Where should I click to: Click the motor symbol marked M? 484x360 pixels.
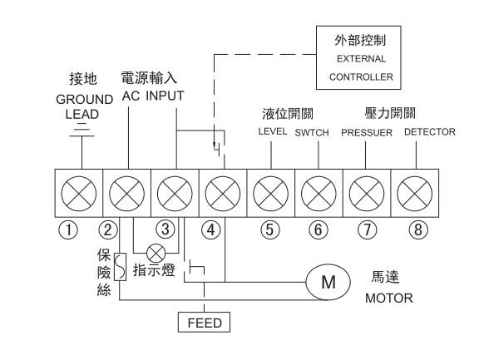pyautogui.click(x=328, y=282)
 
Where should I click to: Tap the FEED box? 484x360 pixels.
pyautogui.click(x=204, y=323)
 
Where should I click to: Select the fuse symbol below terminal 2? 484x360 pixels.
pyautogui.click(x=120, y=267)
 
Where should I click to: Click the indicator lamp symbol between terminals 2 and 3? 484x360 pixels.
pyautogui.click(x=156, y=254)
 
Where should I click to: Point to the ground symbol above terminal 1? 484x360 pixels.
pyautogui.click(x=81, y=130)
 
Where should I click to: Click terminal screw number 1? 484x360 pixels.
pyautogui.click(x=79, y=194)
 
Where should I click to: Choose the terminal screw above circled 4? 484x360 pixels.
pyautogui.click(x=223, y=194)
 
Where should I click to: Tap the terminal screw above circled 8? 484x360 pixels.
pyautogui.click(x=414, y=194)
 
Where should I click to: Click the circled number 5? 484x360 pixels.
pyautogui.click(x=269, y=229)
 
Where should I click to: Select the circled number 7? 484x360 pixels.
pyautogui.click(x=367, y=229)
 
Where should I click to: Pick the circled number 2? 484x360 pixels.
pyautogui.click(x=108, y=229)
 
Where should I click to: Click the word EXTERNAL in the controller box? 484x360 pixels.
pyautogui.click(x=361, y=59)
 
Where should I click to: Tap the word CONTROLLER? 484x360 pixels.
pyautogui.click(x=361, y=76)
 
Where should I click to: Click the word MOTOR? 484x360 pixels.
pyautogui.click(x=389, y=298)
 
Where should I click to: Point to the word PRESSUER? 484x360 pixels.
pyautogui.click(x=367, y=133)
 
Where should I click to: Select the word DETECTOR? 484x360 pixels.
pyautogui.click(x=430, y=132)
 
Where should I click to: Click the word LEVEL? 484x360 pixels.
pyautogui.click(x=273, y=131)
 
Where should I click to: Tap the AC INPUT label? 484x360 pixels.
pyautogui.click(x=153, y=96)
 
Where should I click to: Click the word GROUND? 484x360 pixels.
pyautogui.click(x=85, y=100)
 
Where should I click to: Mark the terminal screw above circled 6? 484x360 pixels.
pyautogui.click(x=319, y=194)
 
